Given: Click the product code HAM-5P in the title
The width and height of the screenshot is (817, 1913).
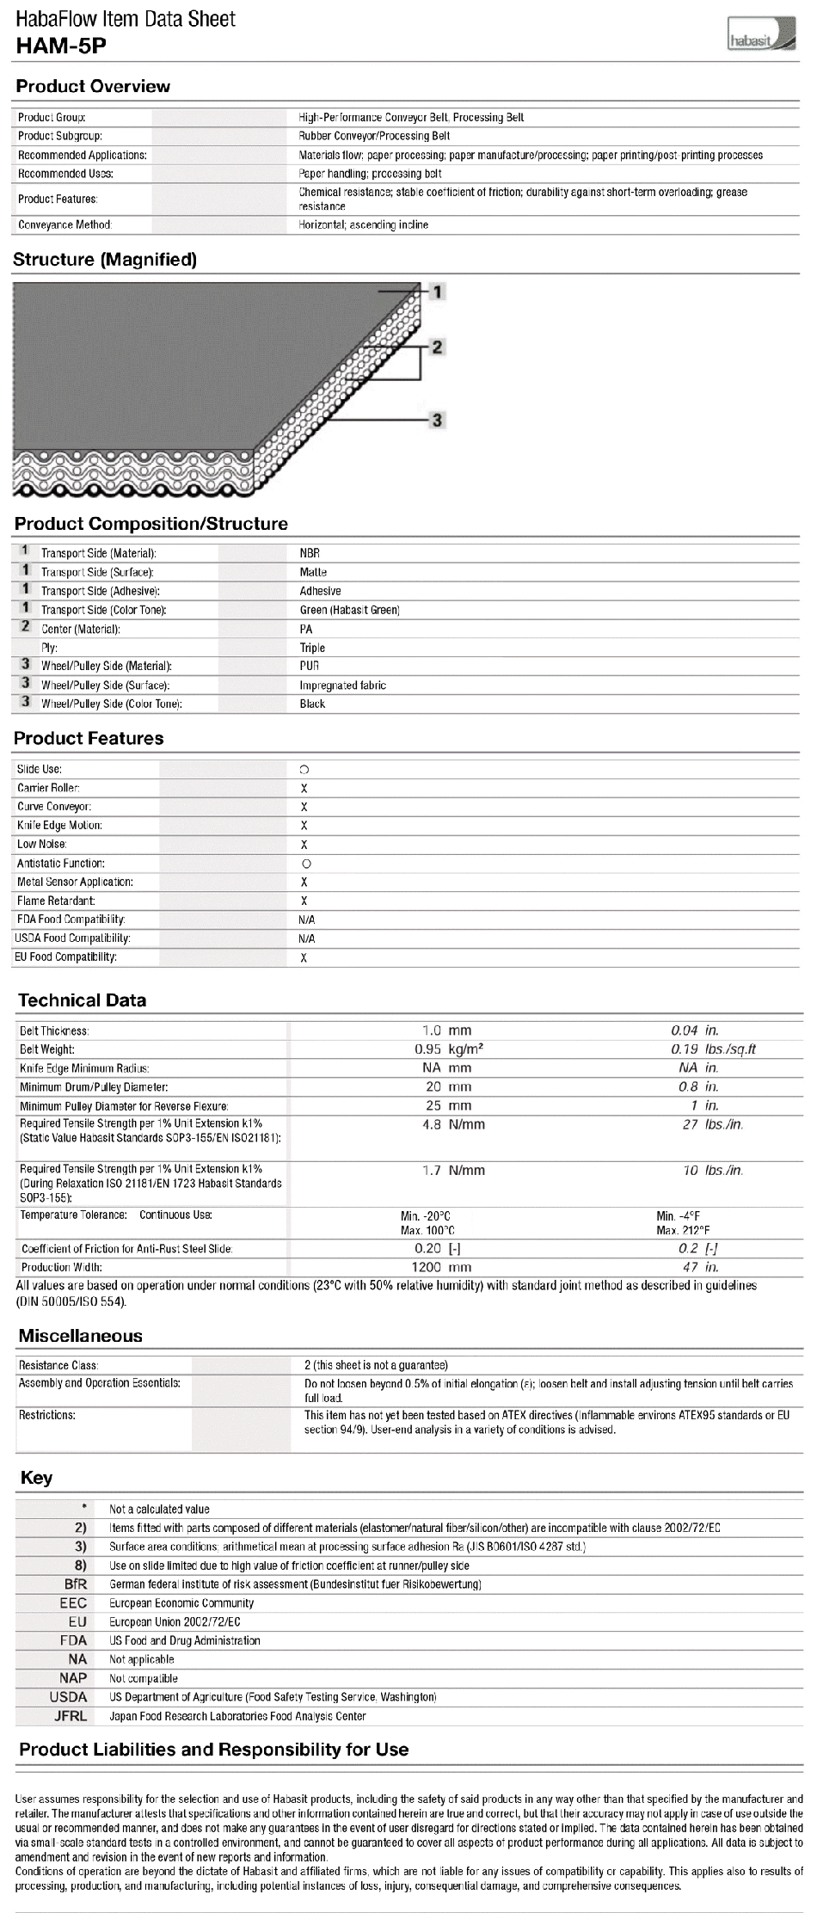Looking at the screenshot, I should pyautogui.click(x=61, y=46).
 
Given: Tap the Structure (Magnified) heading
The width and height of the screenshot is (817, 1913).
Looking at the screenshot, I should pyautogui.click(x=105, y=259).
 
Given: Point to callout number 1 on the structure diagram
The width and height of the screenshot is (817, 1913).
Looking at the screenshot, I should pyautogui.click(x=437, y=292).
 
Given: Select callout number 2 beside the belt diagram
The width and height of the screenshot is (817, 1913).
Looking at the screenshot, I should pyautogui.click(x=437, y=347).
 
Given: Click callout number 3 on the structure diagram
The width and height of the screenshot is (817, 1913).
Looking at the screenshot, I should pyautogui.click(x=437, y=420).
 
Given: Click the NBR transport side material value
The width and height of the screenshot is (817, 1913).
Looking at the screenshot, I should pyautogui.click(x=310, y=553).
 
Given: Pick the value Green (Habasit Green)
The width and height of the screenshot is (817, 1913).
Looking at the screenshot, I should pyautogui.click(x=349, y=610).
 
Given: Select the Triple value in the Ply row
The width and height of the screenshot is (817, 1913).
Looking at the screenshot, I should pyautogui.click(x=312, y=648).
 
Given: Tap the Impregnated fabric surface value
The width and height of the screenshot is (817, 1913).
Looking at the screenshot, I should pyautogui.click(x=342, y=686).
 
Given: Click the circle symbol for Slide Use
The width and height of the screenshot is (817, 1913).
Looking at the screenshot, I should pyautogui.click(x=304, y=769).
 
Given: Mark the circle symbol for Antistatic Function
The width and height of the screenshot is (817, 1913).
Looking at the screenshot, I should pyautogui.click(x=306, y=864).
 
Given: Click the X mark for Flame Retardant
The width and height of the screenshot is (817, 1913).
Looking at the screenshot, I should pyautogui.click(x=304, y=901).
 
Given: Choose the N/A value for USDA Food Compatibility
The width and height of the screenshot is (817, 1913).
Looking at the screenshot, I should pyautogui.click(x=306, y=938).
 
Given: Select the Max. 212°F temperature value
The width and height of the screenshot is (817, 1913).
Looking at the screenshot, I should pyautogui.click(x=683, y=1231).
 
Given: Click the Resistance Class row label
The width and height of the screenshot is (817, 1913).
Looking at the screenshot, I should pyautogui.click(x=58, y=1365).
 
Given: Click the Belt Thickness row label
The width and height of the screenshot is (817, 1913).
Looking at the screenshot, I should pyautogui.click(x=54, y=1030).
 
